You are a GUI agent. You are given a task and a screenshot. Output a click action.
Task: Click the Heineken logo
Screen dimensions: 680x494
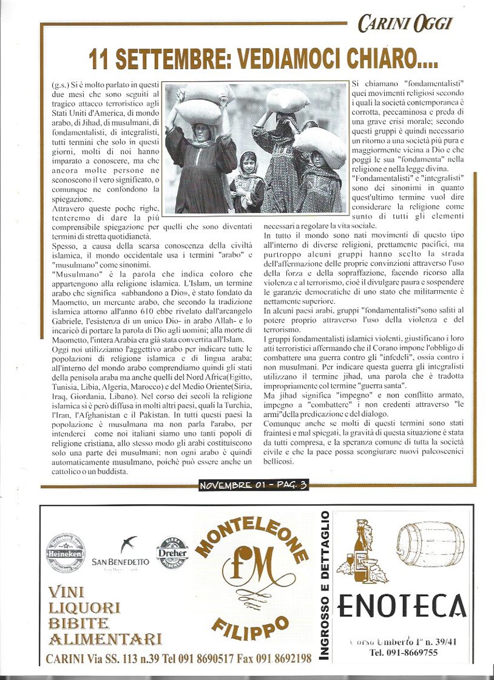(x=65, y=552)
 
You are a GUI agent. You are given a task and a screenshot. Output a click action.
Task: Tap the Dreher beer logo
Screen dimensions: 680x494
(x=172, y=553)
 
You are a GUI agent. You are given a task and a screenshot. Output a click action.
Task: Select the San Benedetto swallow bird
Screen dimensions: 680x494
(x=128, y=544)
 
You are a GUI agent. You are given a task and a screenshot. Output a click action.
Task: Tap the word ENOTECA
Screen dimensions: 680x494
(x=402, y=605)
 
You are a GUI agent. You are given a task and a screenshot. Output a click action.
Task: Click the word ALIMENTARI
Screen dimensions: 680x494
(x=105, y=639)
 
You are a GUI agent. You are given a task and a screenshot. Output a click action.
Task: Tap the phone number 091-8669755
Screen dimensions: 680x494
(x=404, y=653)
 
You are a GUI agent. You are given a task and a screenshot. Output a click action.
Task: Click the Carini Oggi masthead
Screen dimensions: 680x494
(x=405, y=24)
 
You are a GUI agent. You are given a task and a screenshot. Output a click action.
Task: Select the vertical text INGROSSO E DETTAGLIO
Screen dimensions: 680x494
(x=326, y=585)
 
